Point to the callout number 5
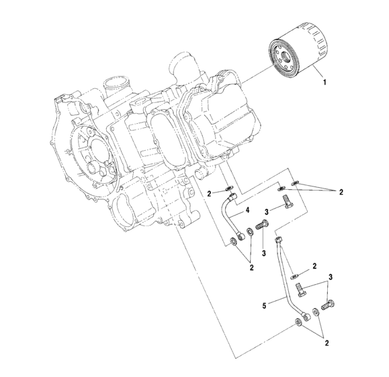263,304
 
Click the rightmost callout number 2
341,193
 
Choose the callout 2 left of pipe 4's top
209,193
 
